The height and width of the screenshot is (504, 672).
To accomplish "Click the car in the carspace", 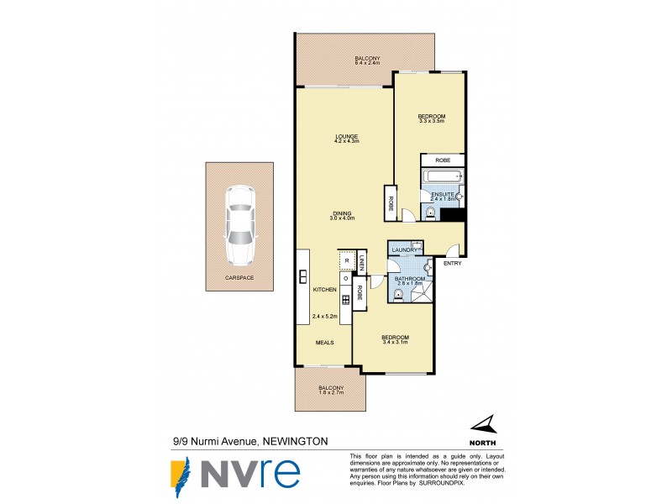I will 239,224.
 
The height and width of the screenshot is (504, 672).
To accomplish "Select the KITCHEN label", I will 324,290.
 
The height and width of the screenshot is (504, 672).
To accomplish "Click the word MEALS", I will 325,343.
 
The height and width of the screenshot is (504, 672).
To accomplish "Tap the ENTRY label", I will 452,264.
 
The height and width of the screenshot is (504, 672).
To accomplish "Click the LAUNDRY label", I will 404,250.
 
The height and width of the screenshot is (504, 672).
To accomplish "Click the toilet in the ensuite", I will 431,213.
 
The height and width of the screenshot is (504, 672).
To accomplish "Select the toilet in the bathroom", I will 398,293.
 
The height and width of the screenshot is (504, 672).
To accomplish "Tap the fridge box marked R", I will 346,260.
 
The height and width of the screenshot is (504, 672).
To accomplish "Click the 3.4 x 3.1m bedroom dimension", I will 394,342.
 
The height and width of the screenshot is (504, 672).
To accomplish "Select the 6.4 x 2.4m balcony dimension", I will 367,63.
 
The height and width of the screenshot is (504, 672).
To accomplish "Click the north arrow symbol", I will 482,427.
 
